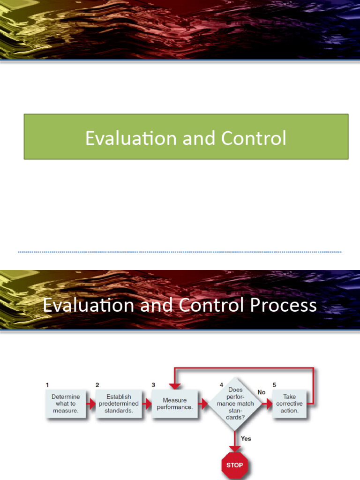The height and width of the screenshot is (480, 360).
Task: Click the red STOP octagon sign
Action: (x=234, y=465)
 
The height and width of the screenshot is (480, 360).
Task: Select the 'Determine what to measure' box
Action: (x=66, y=404)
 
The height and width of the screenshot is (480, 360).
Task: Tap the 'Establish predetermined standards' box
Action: (x=119, y=404)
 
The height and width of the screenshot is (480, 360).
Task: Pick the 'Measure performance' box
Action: (x=175, y=404)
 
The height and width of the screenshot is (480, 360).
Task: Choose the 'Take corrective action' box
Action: (x=289, y=404)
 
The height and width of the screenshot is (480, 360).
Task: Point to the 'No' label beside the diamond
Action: (x=261, y=392)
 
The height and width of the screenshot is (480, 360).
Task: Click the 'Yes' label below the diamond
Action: (x=246, y=439)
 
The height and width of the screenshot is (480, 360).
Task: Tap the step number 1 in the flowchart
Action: (x=47, y=385)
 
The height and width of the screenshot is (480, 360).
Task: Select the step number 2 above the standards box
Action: (x=97, y=385)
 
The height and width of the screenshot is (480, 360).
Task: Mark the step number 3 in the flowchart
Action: (x=153, y=385)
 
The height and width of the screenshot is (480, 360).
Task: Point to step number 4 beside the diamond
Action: (x=222, y=385)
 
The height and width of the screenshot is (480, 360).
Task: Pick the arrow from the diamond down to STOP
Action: (x=235, y=441)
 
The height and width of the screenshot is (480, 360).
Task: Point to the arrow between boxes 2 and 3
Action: (x=146, y=404)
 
